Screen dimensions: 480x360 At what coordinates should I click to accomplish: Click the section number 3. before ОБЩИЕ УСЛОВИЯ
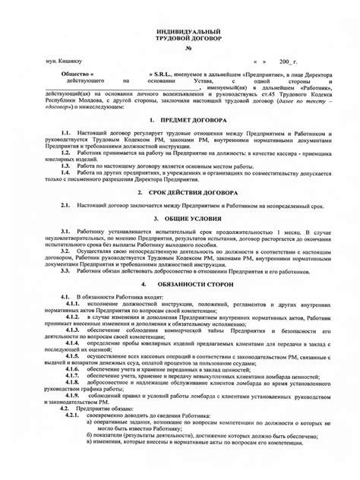[155, 219]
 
